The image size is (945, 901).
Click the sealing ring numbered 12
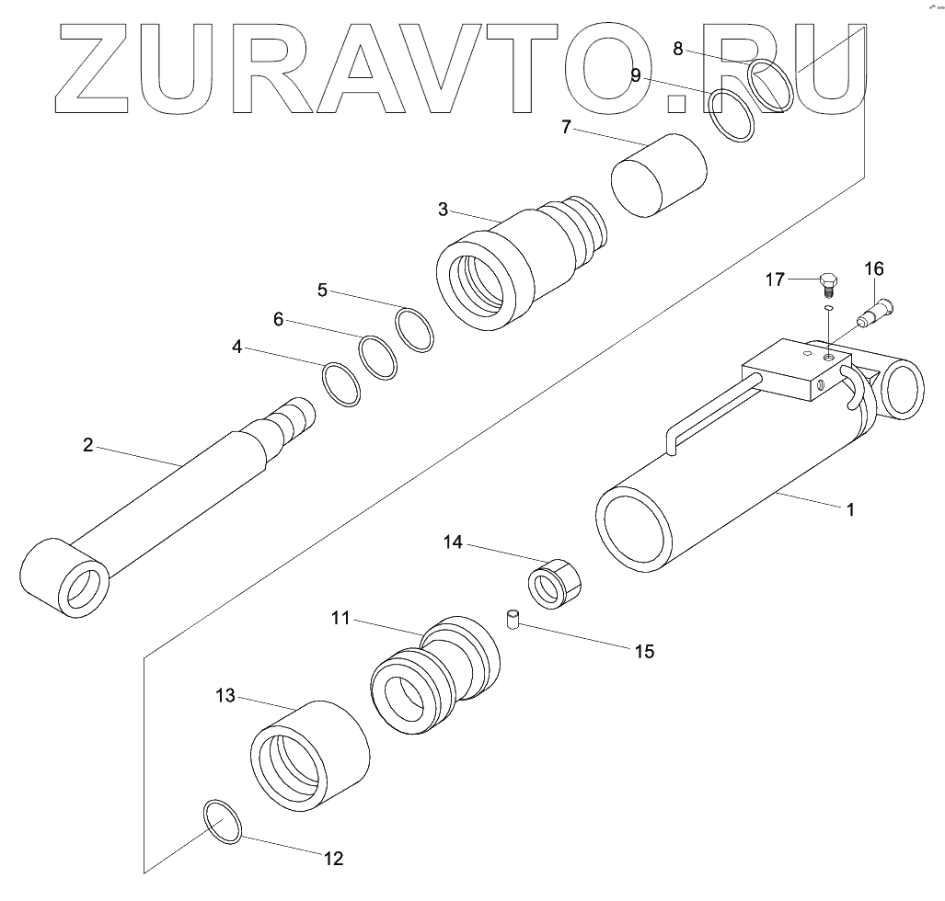(222, 822)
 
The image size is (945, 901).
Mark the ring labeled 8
(770, 86)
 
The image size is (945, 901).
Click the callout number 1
(849, 508)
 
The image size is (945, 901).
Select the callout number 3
(443, 210)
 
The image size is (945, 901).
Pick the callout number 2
(87, 445)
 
